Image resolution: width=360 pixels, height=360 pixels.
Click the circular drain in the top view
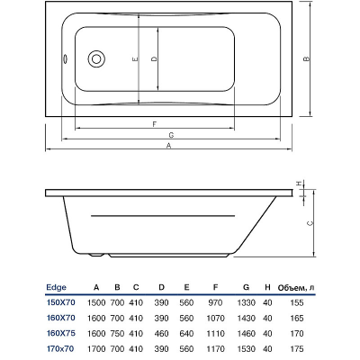[x=96, y=58]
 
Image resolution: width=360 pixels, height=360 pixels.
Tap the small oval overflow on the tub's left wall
[x=64, y=58]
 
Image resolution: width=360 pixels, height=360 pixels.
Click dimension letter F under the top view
[x=155, y=124]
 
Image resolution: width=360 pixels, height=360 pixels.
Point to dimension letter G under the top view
[x=171, y=135]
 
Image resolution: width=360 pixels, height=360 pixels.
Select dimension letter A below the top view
[x=169, y=146]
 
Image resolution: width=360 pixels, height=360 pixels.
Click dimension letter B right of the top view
[x=306, y=59]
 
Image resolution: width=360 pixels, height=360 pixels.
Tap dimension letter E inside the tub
[x=135, y=59]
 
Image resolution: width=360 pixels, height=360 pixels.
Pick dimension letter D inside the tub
[x=154, y=59]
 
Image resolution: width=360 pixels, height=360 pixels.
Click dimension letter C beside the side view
[x=310, y=223]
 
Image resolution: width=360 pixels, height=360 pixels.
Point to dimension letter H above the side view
[x=299, y=184]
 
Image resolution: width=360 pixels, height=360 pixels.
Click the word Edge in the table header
[x=56, y=288]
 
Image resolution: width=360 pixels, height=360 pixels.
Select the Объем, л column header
[x=296, y=288]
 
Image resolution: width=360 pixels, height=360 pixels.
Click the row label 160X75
[x=61, y=333]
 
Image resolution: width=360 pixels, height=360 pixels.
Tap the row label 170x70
[x=60, y=349]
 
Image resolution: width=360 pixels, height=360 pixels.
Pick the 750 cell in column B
[x=117, y=333]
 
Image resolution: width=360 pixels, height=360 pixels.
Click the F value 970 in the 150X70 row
[x=215, y=302]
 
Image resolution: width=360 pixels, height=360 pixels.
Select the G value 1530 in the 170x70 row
[x=246, y=349]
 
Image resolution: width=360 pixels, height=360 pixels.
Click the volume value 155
[x=297, y=302]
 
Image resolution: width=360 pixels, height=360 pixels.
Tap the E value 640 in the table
[x=186, y=333]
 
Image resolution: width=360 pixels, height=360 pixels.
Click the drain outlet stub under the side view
[x=96, y=255]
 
